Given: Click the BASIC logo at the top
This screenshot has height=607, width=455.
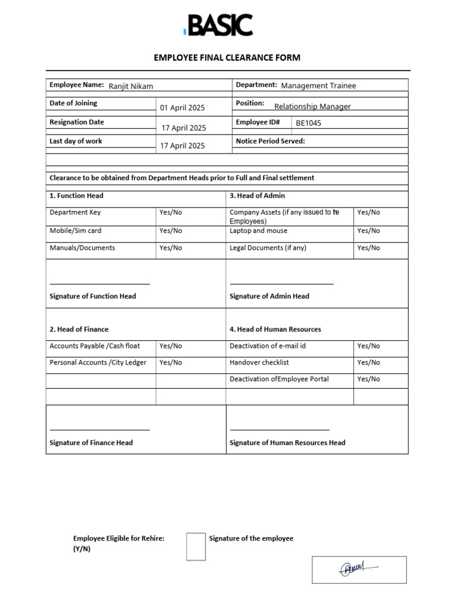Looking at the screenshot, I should [219, 25].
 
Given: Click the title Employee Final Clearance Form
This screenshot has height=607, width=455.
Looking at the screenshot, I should [227, 57].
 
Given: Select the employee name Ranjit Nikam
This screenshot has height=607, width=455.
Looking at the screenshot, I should [130, 87].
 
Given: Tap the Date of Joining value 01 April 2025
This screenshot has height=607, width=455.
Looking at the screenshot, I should [182, 108].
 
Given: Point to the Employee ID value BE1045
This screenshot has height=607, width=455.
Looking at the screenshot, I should [309, 123].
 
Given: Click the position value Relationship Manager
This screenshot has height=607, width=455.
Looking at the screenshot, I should [312, 107].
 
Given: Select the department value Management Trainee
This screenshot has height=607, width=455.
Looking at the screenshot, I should [318, 85].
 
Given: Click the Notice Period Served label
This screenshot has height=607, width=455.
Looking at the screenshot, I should [270, 141].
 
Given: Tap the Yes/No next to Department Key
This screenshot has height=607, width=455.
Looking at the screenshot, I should [171, 212].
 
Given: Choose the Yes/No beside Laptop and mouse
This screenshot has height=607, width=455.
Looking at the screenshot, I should [369, 231].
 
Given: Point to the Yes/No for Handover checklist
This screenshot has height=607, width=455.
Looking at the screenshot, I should [369, 362].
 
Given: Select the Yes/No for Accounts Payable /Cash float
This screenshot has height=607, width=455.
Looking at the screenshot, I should [171, 346].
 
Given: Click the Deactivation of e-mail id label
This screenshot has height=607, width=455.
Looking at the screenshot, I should [267, 346].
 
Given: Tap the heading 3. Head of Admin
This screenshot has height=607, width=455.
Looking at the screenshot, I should [257, 196].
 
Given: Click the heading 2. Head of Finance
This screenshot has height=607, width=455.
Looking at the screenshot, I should [79, 329].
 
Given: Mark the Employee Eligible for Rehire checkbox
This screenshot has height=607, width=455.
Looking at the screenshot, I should [196, 546].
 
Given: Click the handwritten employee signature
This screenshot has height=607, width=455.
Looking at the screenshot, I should [358, 570].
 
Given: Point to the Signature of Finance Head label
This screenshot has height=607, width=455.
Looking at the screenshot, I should [91, 442].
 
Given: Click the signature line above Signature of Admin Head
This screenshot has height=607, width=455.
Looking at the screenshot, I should [281, 284].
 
